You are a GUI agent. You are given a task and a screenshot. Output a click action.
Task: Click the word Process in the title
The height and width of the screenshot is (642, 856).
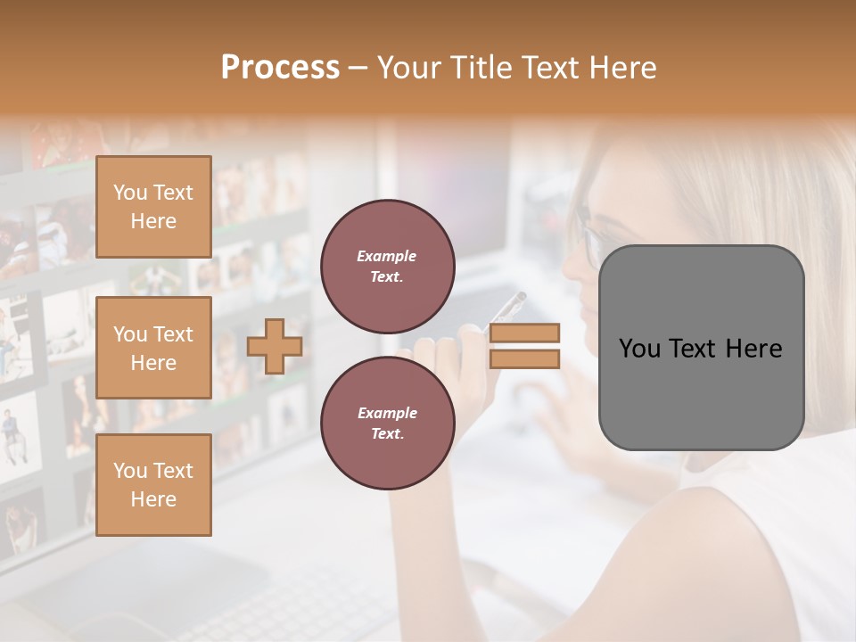pos(280,68)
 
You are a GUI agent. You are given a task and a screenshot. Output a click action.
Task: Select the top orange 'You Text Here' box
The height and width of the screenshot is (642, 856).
pos(153,207)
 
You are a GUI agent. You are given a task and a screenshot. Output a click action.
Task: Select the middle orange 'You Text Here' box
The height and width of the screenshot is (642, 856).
pos(153,348)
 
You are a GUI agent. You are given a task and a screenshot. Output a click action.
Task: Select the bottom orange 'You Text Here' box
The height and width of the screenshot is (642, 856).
pos(153,485)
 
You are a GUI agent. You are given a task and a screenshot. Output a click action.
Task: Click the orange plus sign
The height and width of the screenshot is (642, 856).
pos(275,347)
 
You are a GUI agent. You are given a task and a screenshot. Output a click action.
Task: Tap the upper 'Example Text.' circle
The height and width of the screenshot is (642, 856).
pos(387,267)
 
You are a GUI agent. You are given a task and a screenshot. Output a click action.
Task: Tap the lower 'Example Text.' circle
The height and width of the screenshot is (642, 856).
pos(387,424)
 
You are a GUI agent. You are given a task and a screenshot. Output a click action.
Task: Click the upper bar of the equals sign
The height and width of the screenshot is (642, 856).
pos(525,333)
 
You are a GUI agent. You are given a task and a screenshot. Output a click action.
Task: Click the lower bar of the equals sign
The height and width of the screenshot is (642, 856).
pos(525,359)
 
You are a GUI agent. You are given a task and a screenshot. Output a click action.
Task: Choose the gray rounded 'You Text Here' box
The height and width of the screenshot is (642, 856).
pos(701,348)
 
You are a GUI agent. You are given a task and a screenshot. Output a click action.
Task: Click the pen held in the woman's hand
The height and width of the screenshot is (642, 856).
pos(506,309)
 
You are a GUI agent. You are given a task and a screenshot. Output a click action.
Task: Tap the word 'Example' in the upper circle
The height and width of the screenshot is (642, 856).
pos(387,256)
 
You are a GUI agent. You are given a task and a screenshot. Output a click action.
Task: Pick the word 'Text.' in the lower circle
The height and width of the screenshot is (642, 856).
pos(387,433)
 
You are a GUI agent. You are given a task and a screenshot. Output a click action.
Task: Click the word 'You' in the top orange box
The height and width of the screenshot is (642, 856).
pos(130,193)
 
